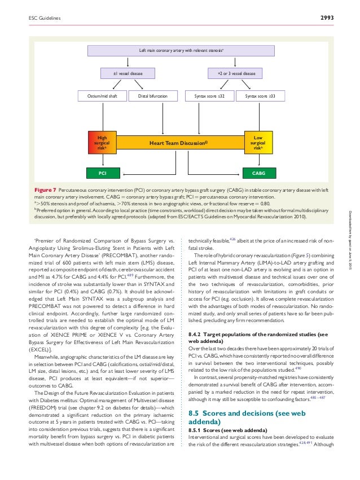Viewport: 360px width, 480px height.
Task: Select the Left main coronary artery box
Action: coord(182,51)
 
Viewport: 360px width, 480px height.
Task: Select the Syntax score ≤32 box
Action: coord(209,96)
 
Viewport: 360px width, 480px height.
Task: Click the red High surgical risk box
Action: coord(102,144)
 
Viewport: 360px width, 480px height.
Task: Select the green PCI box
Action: coord(102,171)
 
